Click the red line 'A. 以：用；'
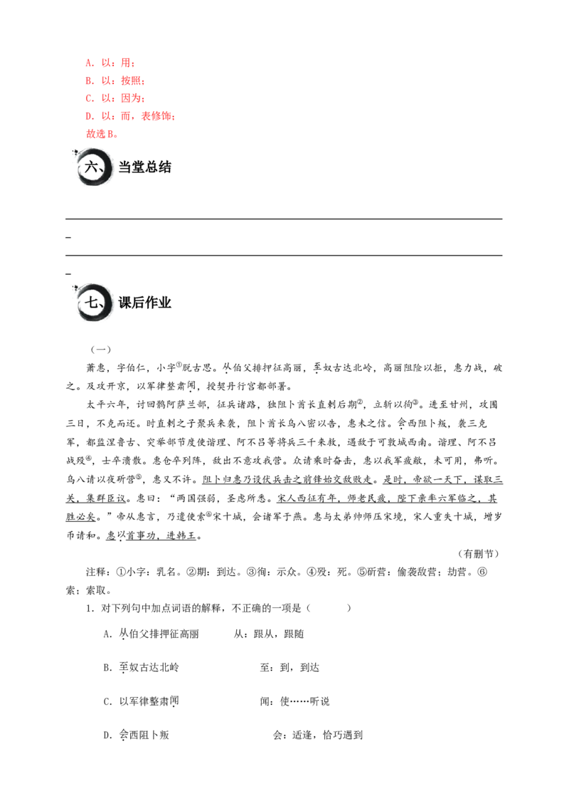110,63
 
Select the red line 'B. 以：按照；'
115,80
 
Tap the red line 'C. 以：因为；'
115,98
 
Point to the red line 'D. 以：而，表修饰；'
130,116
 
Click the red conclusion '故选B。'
102,134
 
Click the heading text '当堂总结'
145,167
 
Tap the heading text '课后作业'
145,302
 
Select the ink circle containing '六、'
93,167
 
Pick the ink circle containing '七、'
93,302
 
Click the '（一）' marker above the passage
101,350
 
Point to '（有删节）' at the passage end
477,554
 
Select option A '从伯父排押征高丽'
159,634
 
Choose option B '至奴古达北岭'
149,668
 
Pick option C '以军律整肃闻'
149,701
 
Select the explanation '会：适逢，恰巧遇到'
318,735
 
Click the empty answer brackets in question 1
329,608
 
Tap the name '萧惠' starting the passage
96,368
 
